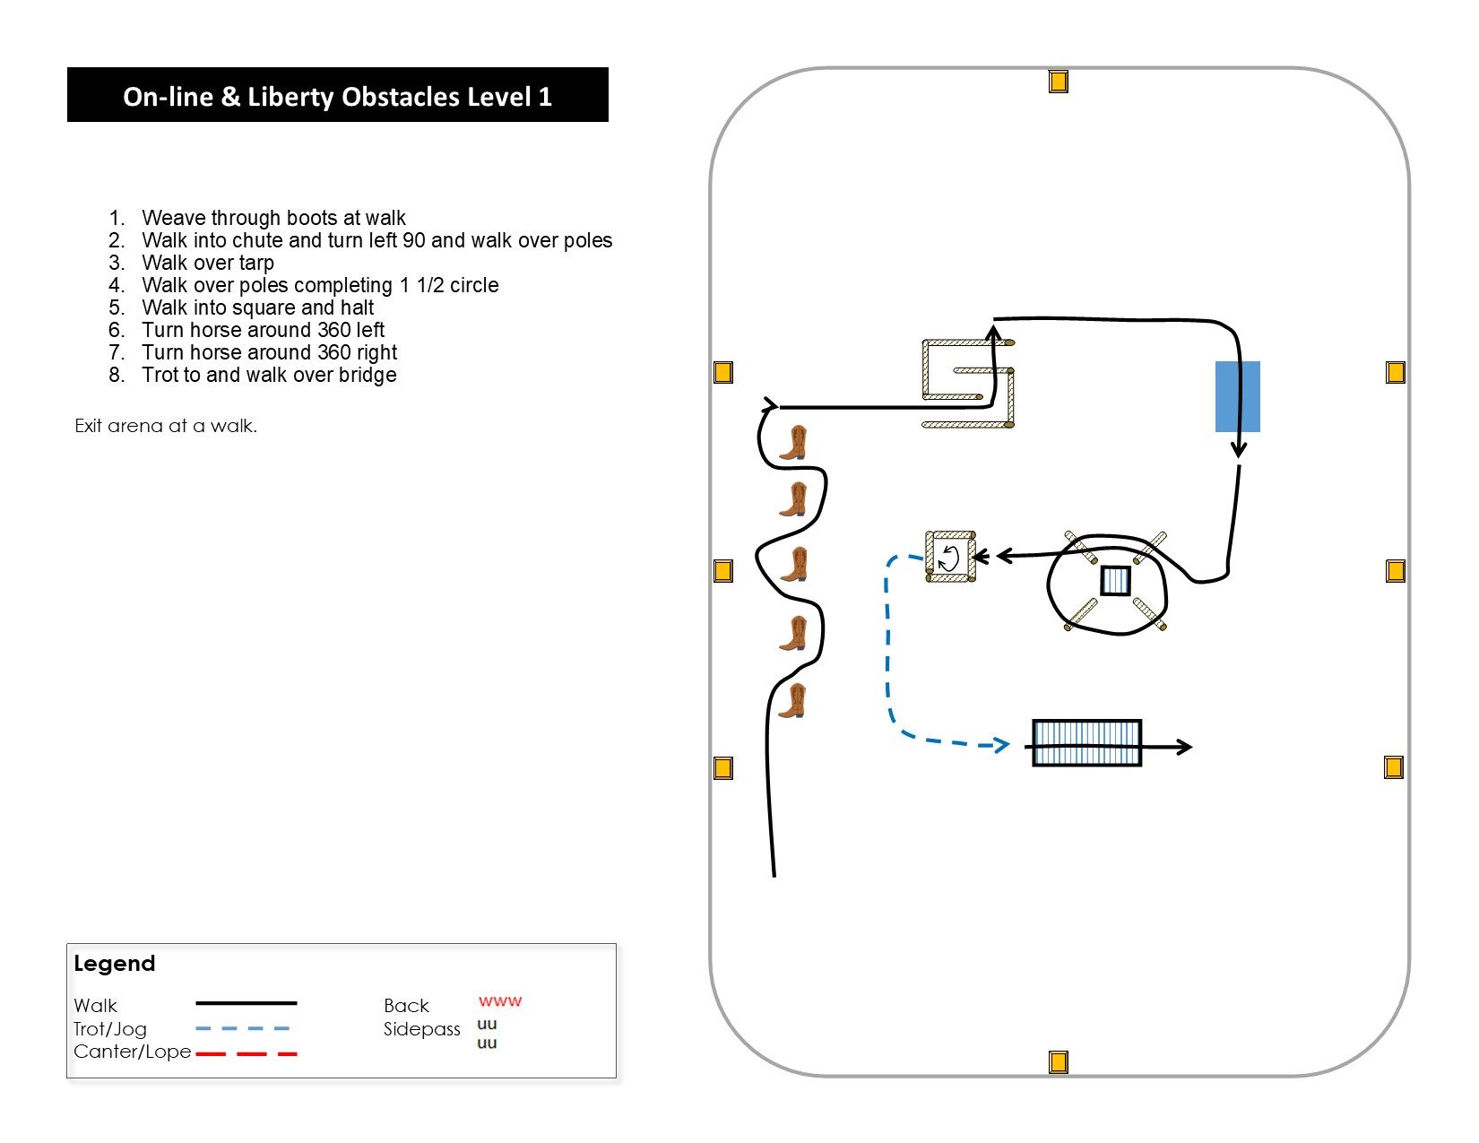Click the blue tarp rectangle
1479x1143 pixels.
(x=1237, y=396)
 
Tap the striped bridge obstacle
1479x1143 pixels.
(x=1086, y=743)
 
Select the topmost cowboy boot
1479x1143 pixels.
(x=793, y=443)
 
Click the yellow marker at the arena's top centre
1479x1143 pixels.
(x=1058, y=82)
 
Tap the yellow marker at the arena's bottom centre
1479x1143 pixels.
(x=1058, y=1062)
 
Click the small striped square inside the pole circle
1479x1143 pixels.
(x=1115, y=581)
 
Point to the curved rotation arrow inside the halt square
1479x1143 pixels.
(x=949, y=558)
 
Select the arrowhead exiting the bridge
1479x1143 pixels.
(x=1184, y=746)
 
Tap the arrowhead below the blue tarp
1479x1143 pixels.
(x=1239, y=448)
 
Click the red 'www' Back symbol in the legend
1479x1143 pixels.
(x=499, y=1001)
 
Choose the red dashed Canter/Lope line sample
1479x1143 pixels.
(x=246, y=1053)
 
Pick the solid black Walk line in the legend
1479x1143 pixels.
(x=246, y=1003)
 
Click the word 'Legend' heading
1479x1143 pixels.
(x=114, y=964)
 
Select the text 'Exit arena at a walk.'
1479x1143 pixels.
(x=166, y=426)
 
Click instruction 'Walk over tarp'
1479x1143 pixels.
(x=207, y=263)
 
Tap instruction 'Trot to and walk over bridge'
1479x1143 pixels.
(x=268, y=375)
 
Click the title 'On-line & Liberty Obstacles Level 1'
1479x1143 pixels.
(x=337, y=96)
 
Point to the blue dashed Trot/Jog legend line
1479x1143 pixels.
(x=243, y=1028)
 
